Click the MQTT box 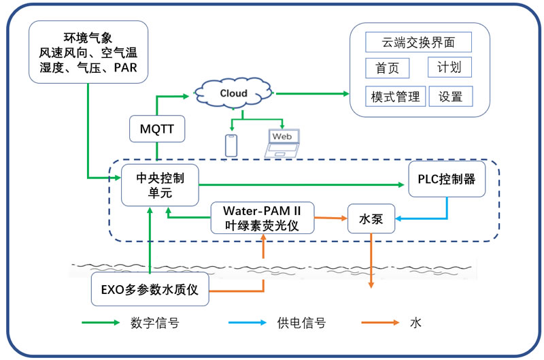point(156,129)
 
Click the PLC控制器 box point(447,179)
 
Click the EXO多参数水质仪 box point(149,289)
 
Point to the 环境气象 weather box point(88,52)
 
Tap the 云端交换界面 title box point(418,43)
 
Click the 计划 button point(449,67)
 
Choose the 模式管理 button point(395,96)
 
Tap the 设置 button point(450,96)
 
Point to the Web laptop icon point(282,142)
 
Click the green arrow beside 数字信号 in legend point(100,323)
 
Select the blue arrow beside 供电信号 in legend point(247,323)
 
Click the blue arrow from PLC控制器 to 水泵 point(435,218)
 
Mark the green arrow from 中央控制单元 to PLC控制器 point(299,184)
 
